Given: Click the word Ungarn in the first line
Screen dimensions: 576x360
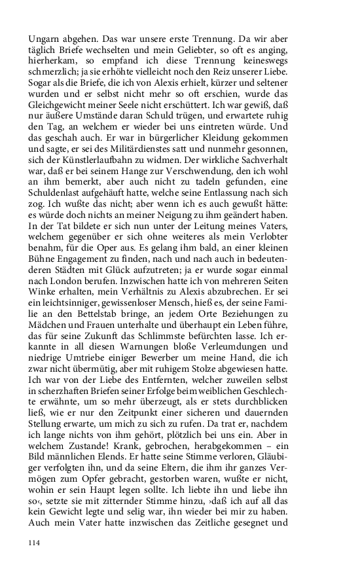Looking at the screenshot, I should (x=45, y=29).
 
